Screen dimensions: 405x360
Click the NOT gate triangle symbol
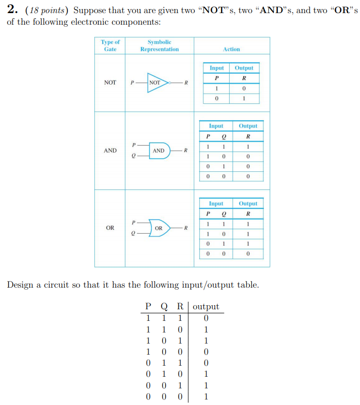(x=158, y=83)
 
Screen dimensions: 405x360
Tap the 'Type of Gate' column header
(x=110, y=45)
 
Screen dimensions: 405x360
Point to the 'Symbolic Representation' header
(x=159, y=45)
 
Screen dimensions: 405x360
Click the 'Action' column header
(x=231, y=49)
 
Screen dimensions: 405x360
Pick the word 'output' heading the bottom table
(x=206, y=307)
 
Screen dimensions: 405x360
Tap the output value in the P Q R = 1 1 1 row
(x=206, y=318)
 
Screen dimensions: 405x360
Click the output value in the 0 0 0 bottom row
(x=206, y=396)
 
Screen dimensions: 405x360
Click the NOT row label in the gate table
(x=110, y=83)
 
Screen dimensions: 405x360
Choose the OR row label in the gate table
(x=110, y=228)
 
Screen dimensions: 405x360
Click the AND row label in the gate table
(x=110, y=151)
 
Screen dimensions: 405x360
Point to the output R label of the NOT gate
(x=186, y=83)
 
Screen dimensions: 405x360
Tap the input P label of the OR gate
(x=133, y=222)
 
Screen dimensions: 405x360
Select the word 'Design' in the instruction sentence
(x=20, y=285)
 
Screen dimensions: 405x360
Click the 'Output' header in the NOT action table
(x=244, y=68)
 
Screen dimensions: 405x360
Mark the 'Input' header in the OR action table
(x=216, y=204)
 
